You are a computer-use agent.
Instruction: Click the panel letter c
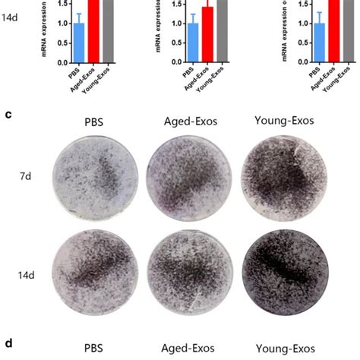[x=8, y=115]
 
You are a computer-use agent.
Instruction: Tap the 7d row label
[x=26, y=173]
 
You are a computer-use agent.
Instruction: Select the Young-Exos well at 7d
[x=274, y=176]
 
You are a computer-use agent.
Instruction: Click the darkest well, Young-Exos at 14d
[x=274, y=271]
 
